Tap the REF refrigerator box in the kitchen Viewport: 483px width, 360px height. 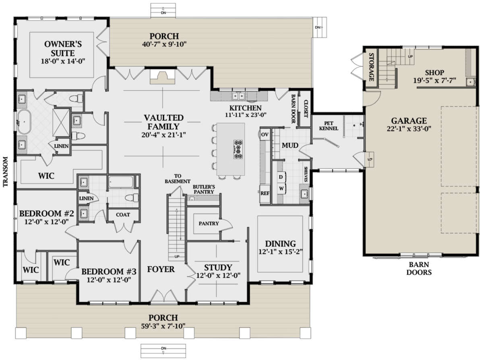[x=265, y=193]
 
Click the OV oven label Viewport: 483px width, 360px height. [x=264, y=134]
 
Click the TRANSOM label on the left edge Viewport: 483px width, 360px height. [x=6, y=172]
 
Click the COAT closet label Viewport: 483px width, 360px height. [x=123, y=214]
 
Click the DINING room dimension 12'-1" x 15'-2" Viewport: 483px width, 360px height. [x=281, y=252]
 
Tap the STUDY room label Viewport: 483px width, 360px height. [x=218, y=267]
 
